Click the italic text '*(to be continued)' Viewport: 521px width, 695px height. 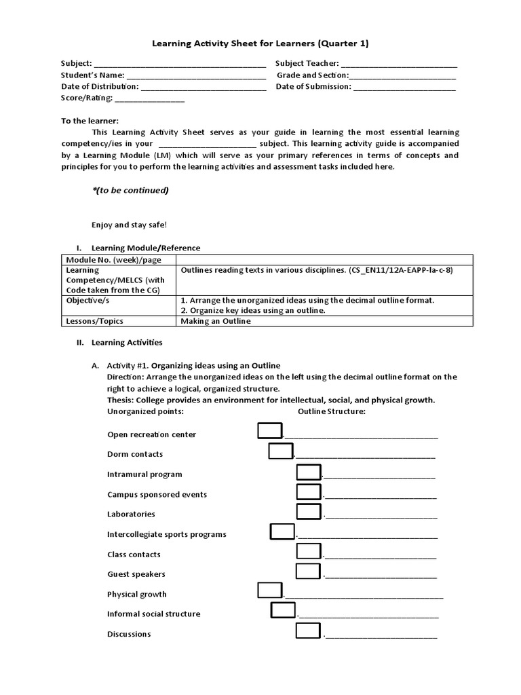130,191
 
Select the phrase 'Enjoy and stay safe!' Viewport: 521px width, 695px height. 129,225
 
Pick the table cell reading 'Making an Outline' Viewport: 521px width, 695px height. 215,321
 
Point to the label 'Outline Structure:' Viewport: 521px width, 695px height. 332,411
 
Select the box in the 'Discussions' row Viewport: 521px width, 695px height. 308,631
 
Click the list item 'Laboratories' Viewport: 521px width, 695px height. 131,514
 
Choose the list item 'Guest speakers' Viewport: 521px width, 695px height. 136,574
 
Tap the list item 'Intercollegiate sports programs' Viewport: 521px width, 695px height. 166,534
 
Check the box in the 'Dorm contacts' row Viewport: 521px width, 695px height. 280,451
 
